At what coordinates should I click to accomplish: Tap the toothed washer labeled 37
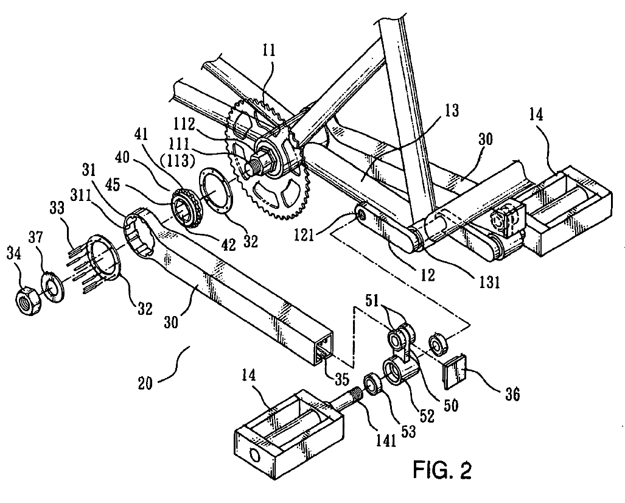[x=51, y=289]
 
